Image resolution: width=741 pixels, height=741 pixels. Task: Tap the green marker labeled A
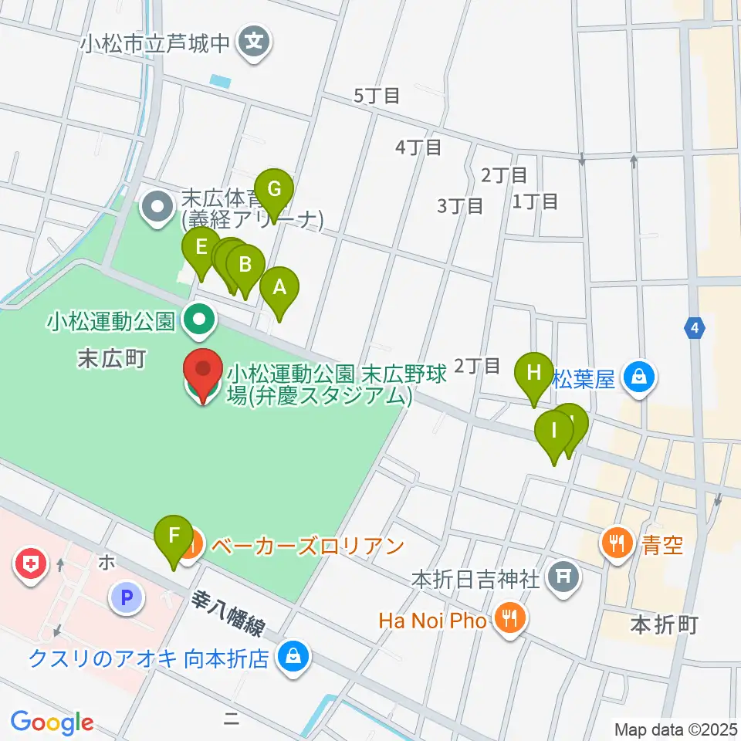point(279,289)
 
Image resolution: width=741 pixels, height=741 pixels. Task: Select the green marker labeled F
point(174,536)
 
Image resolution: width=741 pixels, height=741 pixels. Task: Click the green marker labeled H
point(534,373)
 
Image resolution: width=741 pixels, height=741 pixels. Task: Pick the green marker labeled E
point(201,249)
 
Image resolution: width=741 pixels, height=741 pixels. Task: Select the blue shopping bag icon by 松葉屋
point(639,377)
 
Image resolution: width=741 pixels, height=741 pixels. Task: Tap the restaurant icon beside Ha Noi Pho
point(509,619)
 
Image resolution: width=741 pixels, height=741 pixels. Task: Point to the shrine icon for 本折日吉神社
point(565,577)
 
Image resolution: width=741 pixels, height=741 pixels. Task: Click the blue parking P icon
point(127,597)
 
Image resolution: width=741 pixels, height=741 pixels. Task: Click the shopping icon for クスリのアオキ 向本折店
point(293,658)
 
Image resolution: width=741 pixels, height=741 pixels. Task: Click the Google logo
point(52,722)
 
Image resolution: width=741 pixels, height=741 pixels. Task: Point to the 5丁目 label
point(377,96)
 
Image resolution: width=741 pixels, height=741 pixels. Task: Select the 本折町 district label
point(664,624)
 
